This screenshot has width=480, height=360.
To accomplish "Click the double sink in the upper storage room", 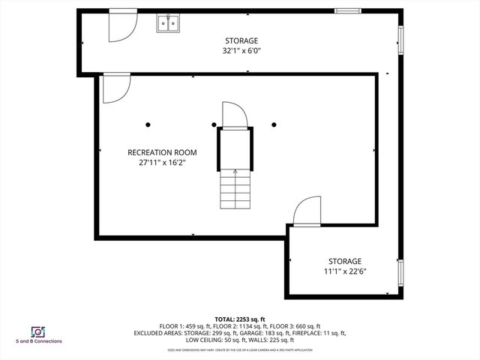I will (168, 25).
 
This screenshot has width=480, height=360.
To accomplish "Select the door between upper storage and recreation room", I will (114, 88).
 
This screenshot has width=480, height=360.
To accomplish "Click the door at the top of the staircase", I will (234, 115).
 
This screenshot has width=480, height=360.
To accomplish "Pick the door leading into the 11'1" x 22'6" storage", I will (307, 212).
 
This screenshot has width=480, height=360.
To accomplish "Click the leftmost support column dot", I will (148, 124).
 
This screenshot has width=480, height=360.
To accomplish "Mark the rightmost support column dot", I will (274, 124).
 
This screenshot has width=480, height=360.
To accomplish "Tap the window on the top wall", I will (346, 10).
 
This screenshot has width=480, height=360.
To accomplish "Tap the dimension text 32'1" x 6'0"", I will (241, 51).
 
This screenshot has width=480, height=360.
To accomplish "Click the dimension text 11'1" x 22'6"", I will (344, 271).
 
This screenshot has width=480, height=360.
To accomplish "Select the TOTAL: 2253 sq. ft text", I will (240, 319).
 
